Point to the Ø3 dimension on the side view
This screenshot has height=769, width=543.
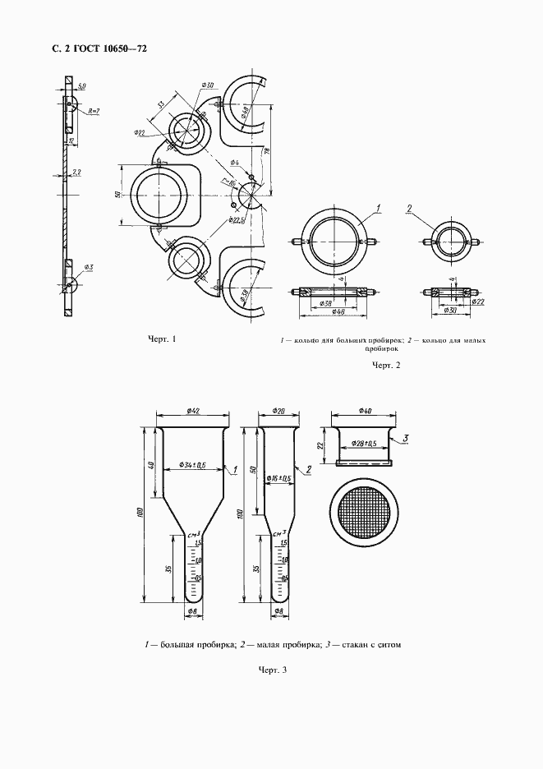88,268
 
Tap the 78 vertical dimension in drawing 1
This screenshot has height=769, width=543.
267,152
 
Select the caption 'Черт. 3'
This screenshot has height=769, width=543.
272,670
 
